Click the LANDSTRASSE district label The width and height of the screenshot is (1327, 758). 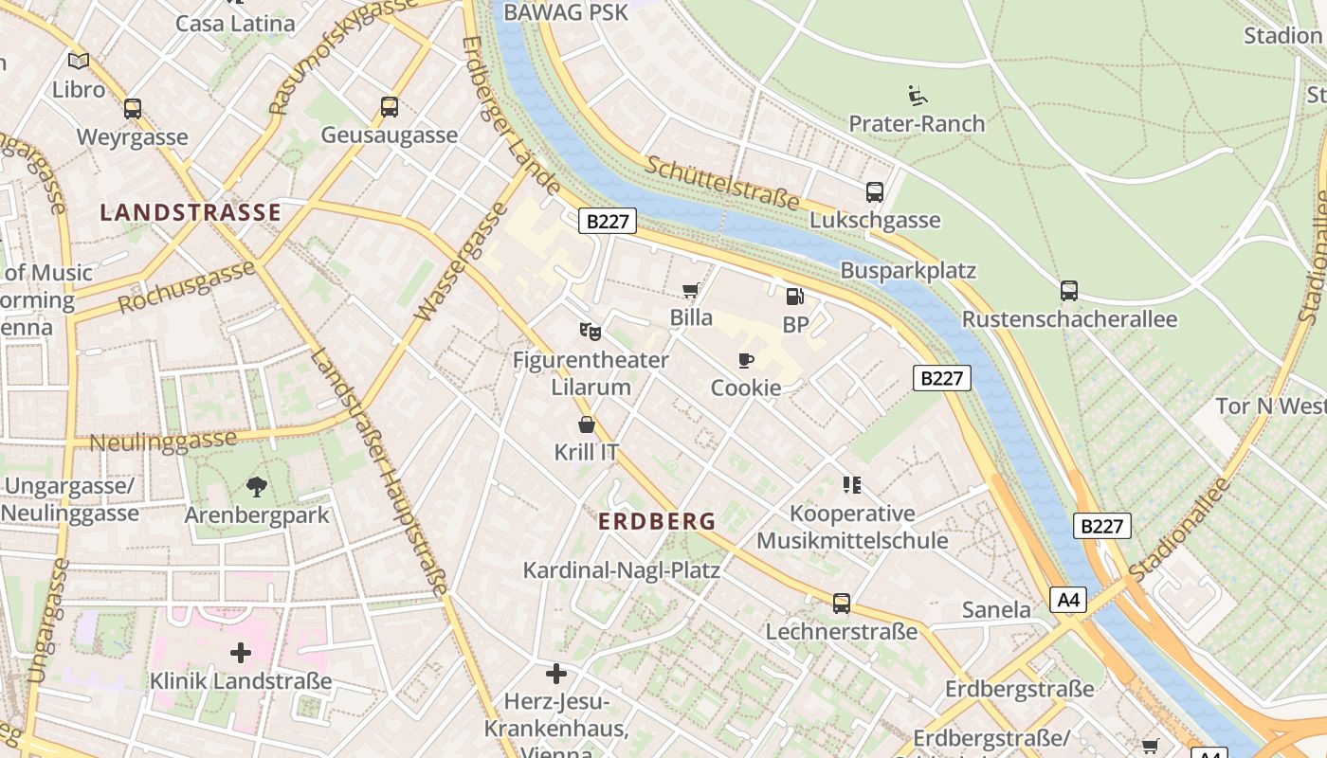click(191, 212)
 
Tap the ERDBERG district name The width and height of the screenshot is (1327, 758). click(657, 521)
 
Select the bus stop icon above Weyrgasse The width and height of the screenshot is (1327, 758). click(133, 109)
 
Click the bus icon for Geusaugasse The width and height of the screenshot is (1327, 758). click(390, 107)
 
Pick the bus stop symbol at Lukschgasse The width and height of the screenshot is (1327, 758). click(875, 192)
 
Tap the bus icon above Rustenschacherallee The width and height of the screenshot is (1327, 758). click(1069, 291)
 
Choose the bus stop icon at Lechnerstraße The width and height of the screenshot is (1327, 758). click(842, 604)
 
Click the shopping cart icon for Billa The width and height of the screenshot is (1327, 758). click(691, 290)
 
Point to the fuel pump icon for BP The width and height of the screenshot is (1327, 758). click(795, 297)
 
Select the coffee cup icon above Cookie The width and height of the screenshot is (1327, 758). click(746, 360)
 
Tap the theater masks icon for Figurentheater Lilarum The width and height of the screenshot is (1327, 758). click(591, 332)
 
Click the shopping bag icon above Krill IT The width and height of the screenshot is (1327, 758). click(587, 424)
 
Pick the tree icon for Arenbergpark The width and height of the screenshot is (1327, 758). click(256, 487)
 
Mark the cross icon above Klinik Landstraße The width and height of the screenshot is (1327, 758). click(241, 653)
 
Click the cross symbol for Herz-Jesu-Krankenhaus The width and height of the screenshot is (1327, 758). click(556, 674)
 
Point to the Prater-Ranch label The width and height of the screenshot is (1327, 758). click(917, 123)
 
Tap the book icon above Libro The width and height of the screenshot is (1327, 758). click(79, 62)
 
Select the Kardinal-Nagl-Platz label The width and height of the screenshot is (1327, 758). click(622, 570)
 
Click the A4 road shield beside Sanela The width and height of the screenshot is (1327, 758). click(1068, 600)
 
